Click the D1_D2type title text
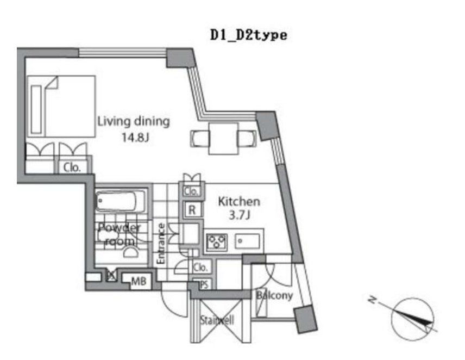[248, 35]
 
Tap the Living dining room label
[133, 121]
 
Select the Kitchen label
[238, 201]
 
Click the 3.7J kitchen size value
[239, 216]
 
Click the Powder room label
[120, 234]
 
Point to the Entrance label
[161, 244]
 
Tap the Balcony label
[275, 296]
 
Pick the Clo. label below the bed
[72, 167]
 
